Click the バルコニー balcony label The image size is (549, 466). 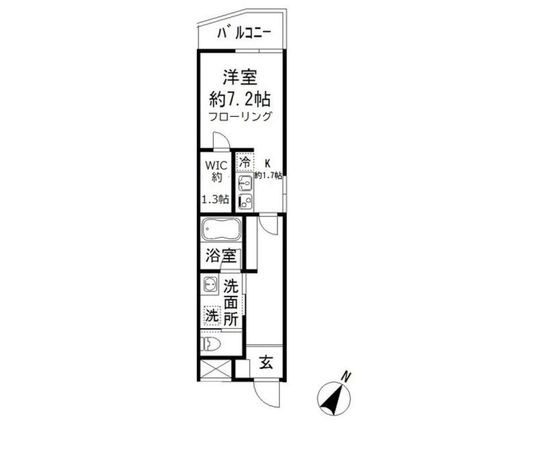244,33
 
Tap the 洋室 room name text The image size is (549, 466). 240,77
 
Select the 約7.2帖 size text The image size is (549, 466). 240,100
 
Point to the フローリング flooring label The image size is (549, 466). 240,116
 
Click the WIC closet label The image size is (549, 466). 216,165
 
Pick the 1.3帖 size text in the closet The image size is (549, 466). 215,199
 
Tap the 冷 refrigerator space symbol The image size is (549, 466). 245,162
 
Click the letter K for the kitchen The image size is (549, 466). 268,163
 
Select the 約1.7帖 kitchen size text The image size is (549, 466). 268,175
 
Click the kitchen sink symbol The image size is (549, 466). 245,183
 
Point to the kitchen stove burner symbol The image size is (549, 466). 245,201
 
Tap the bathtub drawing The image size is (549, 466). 221,229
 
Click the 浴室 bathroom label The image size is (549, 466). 220,255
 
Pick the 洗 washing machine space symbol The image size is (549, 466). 212,316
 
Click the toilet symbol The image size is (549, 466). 210,344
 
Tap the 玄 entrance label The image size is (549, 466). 266,362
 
